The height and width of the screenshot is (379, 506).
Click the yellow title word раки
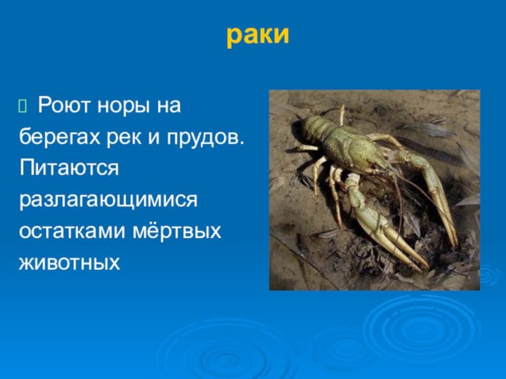pos(257,35)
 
